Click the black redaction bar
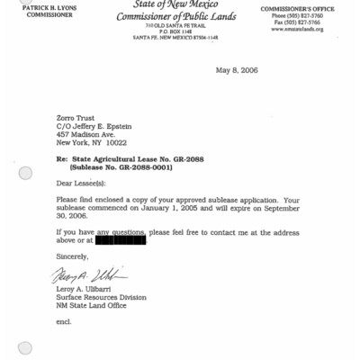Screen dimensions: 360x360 [121, 239]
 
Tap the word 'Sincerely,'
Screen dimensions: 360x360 [73, 256]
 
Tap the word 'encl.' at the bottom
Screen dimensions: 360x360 [63, 321]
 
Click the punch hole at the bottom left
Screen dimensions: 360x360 [25, 347]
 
